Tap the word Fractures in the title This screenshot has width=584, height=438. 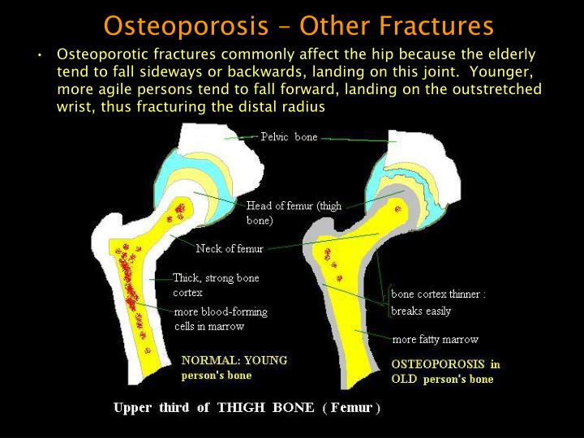[432, 25]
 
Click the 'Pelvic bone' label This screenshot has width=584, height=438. [289, 137]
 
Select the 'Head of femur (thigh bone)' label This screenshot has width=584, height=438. [294, 213]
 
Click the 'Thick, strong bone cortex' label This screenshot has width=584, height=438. [216, 285]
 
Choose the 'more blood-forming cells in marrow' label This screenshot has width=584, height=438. [221, 319]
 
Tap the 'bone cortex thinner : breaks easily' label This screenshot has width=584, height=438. [438, 303]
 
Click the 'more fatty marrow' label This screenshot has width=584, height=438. [435, 339]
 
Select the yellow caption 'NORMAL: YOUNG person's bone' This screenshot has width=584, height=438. [234, 367]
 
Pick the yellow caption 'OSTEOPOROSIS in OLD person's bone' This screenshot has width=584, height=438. [445, 371]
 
